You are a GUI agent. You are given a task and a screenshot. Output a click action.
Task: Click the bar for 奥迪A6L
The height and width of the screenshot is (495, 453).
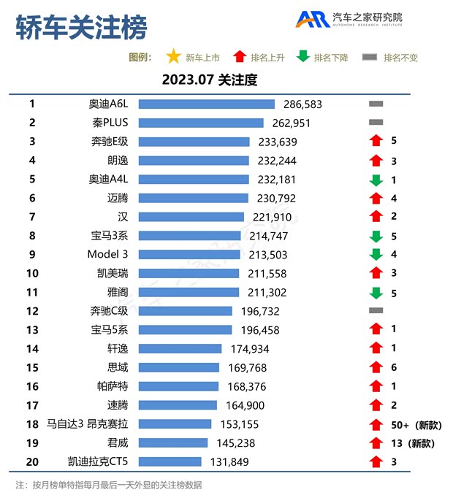point(206,104)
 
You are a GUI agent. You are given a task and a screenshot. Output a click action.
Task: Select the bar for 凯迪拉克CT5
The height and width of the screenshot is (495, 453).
point(170,461)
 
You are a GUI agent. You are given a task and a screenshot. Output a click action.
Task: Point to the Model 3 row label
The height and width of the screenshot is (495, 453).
point(107,255)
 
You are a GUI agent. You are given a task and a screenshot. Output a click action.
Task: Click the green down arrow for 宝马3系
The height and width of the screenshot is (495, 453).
point(376,236)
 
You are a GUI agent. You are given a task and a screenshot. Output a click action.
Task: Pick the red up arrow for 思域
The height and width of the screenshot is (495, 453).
point(376,367)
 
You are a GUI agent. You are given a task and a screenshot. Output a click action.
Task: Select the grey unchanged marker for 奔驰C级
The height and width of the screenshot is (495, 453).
point(376,311)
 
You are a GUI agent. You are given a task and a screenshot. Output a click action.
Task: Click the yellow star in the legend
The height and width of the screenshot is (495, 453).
point(173,57)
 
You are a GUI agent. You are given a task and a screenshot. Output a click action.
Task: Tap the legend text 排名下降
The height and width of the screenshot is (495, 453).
point(331,58)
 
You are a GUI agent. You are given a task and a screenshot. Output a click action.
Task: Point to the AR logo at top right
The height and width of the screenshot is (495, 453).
point(311,19)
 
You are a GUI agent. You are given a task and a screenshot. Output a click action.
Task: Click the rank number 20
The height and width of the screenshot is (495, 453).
point(32,461)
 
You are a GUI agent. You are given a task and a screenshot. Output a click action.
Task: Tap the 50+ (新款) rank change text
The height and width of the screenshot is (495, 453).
point(414,424)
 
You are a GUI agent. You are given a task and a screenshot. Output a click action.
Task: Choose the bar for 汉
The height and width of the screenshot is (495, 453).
point(191,217)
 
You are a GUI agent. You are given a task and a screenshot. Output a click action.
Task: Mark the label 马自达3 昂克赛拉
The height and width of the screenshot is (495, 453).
point(88,424)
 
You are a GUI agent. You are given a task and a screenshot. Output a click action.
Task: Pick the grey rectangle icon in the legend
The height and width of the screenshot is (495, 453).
point(370,58)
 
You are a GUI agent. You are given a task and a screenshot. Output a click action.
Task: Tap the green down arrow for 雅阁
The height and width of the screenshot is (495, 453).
point(376,292)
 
